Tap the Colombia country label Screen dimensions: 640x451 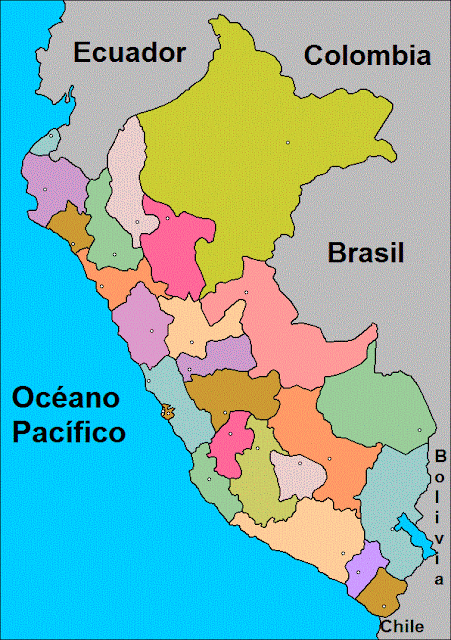click(368, 55)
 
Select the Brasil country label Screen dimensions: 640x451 click(366, 254)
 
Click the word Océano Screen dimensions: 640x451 click(66, 398)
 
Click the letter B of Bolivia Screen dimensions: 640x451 click(440, 456)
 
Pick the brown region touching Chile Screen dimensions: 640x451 click(383, 595)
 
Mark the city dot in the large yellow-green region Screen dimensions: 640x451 click(288, 142)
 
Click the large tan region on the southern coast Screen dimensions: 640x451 click(310, 540)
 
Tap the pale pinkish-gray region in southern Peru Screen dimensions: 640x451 click(297, 475)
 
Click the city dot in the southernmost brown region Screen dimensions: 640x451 click(383, 606)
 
